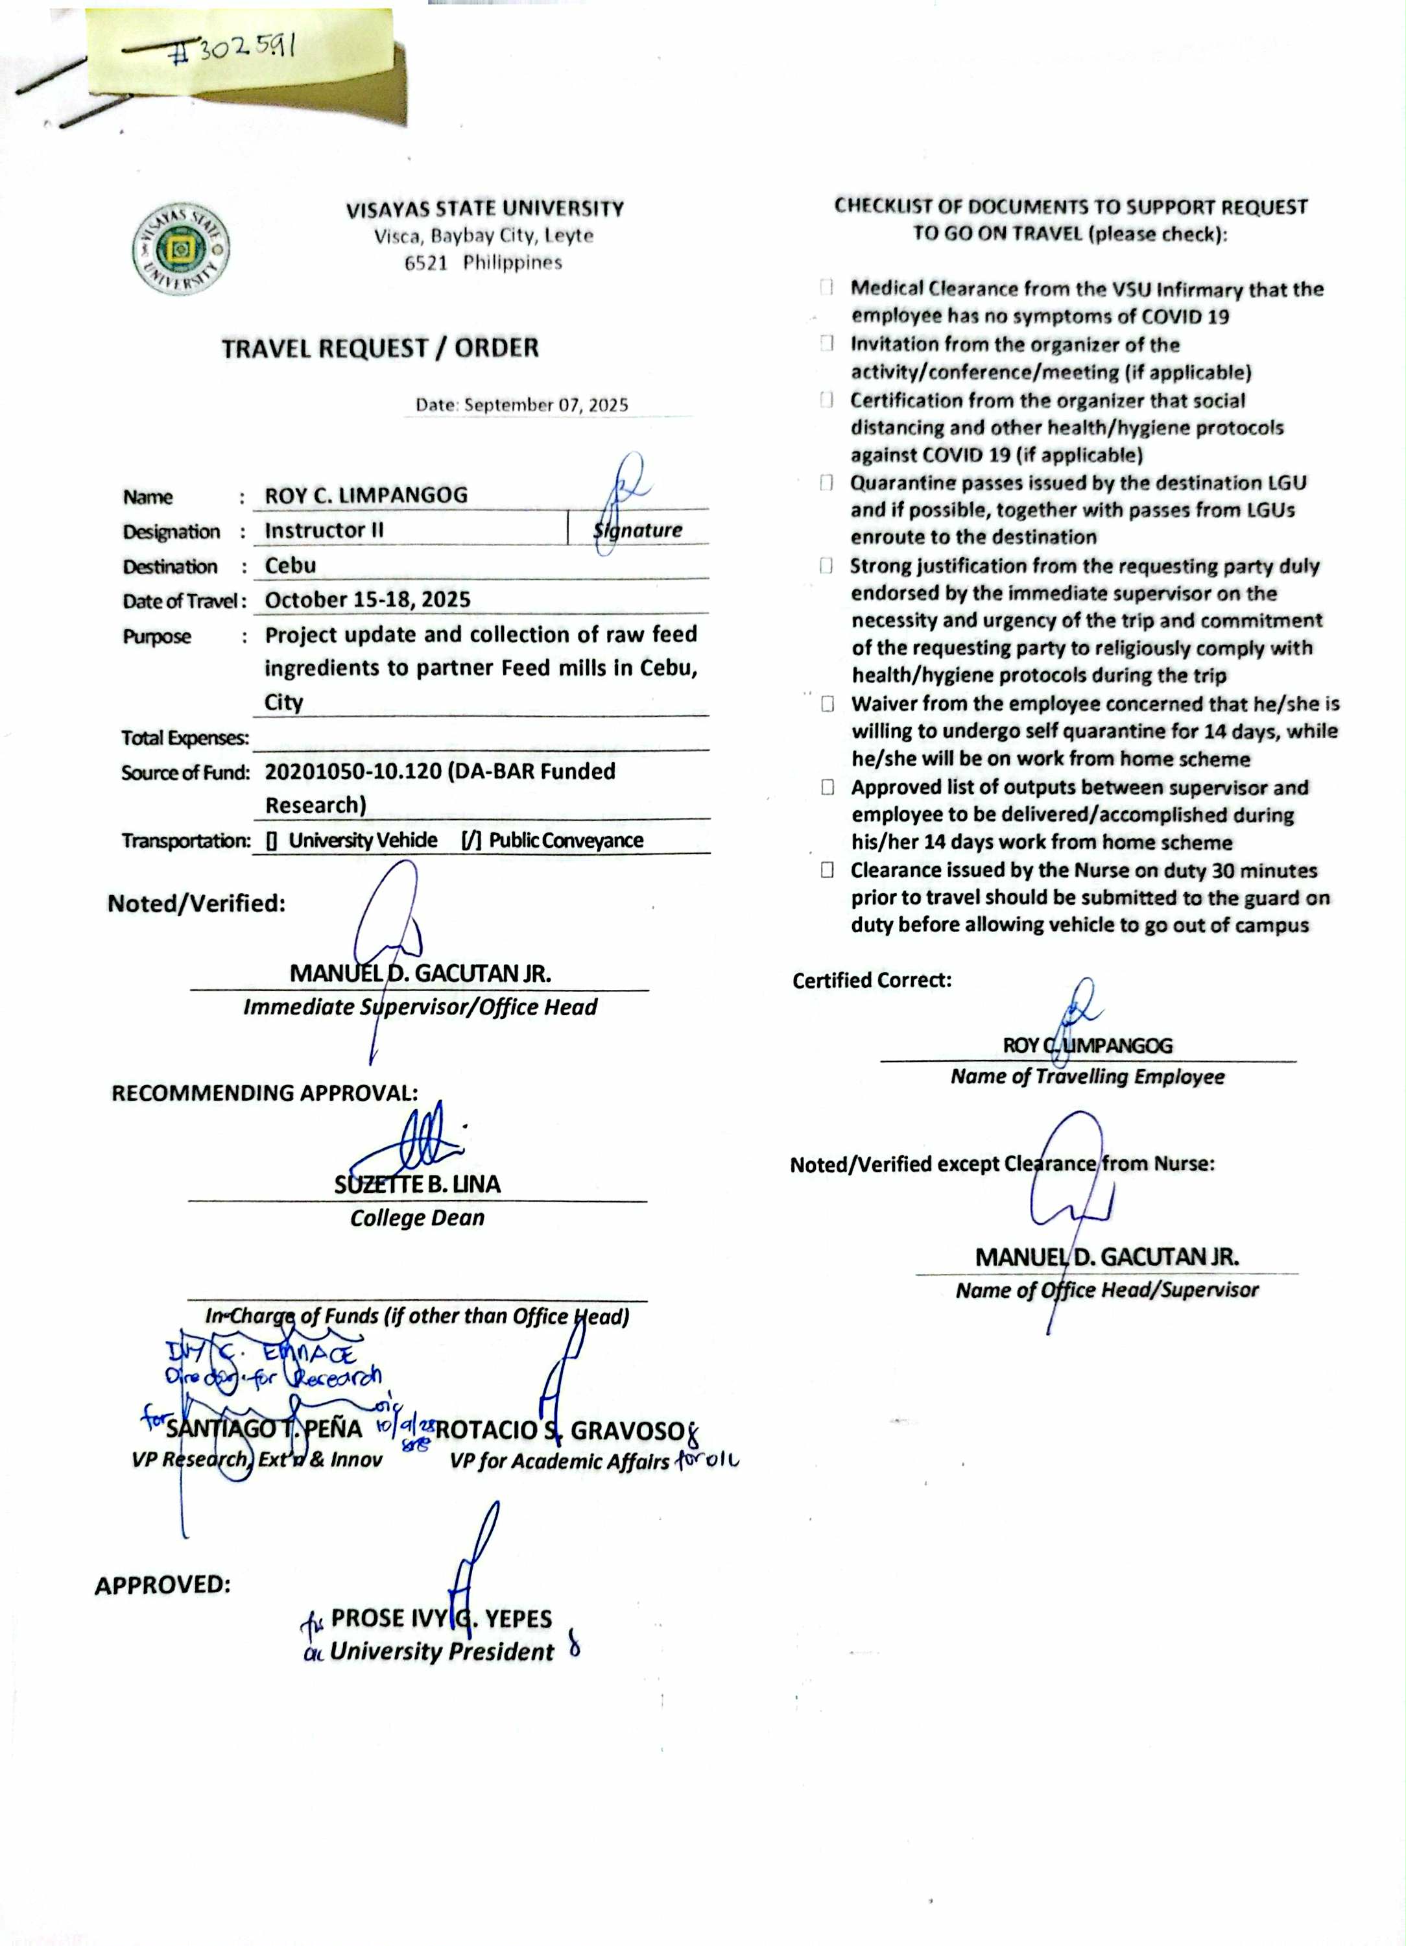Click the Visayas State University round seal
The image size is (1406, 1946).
181,250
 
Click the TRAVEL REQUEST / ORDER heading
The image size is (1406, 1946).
380,348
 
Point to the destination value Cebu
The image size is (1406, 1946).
290,566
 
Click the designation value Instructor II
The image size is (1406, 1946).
324,530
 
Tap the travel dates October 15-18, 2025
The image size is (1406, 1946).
367,600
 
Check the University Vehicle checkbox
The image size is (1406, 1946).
271,841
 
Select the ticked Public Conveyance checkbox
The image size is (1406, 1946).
471,841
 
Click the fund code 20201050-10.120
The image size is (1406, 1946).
353,771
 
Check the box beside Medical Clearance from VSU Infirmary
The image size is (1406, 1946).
826,287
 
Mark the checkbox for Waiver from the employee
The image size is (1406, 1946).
827,704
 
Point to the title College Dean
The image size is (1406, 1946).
417,1218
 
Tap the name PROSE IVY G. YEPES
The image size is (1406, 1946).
441,1618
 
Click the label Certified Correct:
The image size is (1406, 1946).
872,980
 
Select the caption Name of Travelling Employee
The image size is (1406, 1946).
1087,1077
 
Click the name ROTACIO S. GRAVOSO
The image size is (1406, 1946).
558,1430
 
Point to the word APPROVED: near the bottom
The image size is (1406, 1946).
163,1585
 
